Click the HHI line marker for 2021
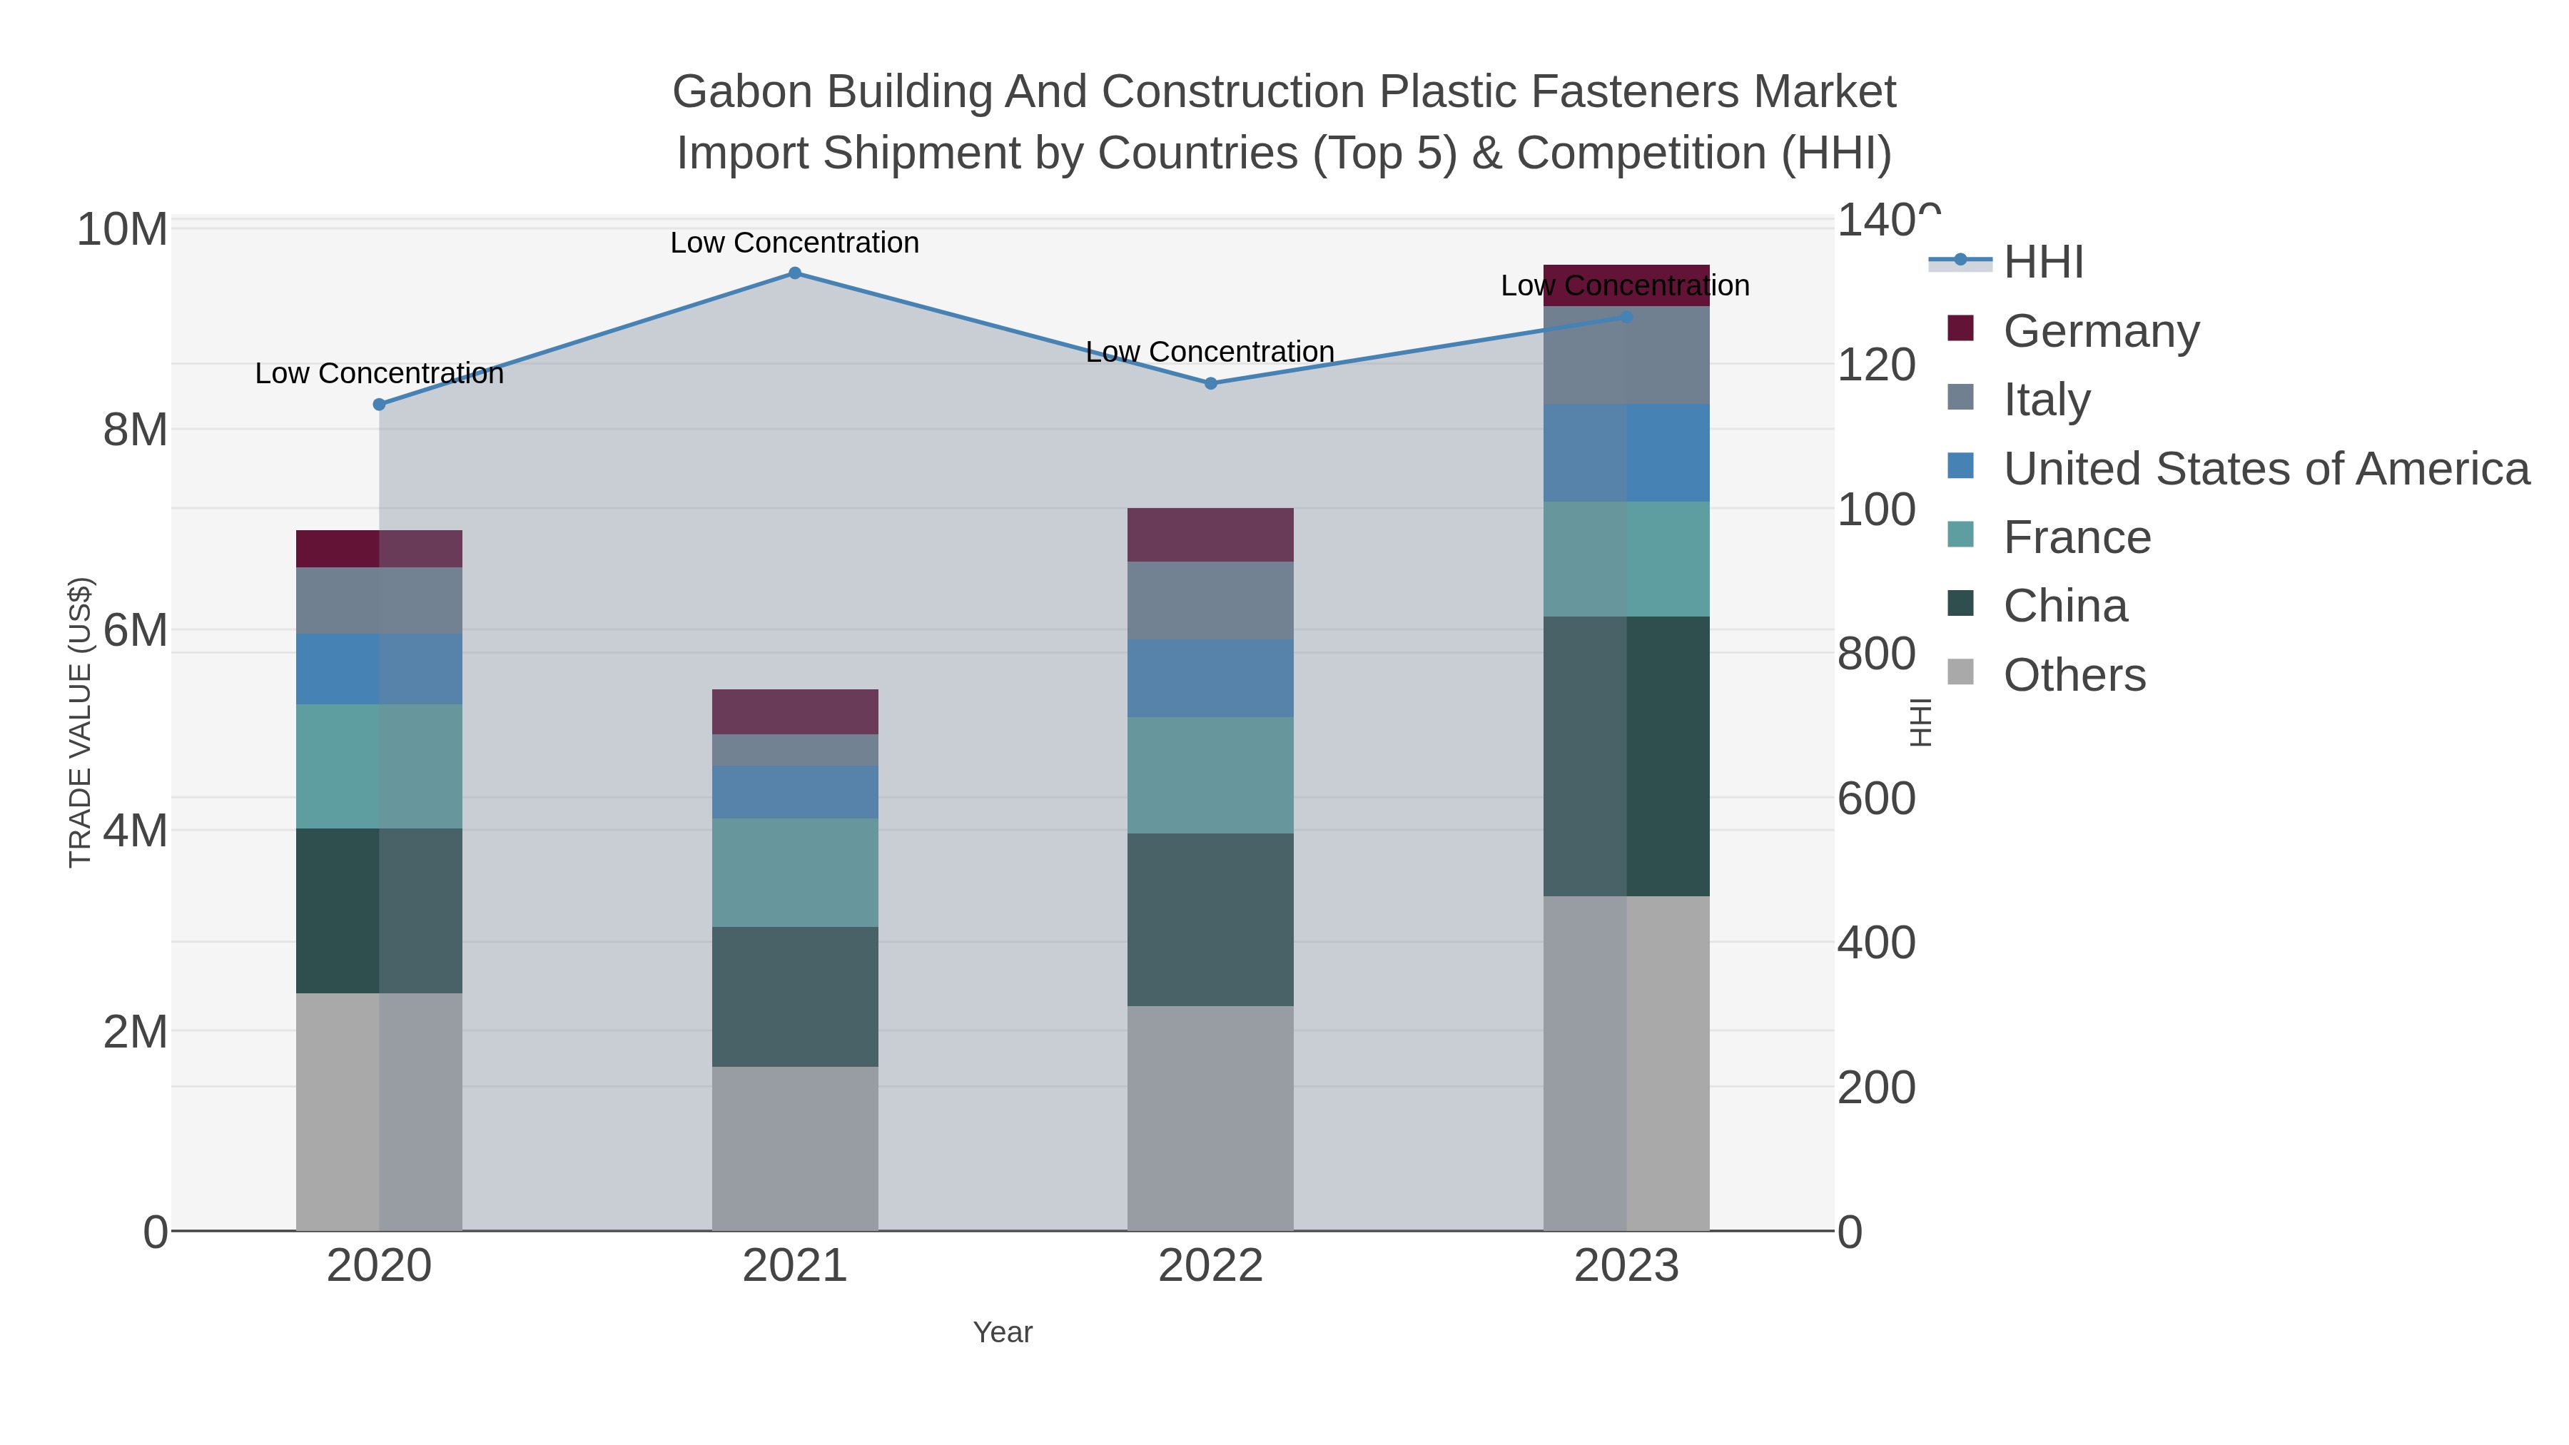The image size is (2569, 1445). pos(795,273)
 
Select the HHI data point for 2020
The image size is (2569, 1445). pos(379,405)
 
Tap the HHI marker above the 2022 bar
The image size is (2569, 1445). pos(1211,384)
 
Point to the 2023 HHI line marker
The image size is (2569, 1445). pos(1626,317)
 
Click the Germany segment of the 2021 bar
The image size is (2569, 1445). pos(795,712)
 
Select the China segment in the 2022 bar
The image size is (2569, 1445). pos(1211,920)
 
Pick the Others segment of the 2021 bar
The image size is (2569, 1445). pos(795,1149)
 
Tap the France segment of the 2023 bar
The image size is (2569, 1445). pos(1626,559)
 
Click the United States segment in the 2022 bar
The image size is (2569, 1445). pos(1211,678)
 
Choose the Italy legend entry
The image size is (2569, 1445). pos(2047,400)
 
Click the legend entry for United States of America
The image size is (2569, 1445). pos(2266,469)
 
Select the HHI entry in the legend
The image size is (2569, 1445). pos(2042,263)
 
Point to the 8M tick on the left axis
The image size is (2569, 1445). pos(135,431)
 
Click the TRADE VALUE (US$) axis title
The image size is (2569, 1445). pos(80,722)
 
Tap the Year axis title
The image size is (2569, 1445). pos(1003,1332)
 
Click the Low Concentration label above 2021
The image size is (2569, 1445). pos(795,243)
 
